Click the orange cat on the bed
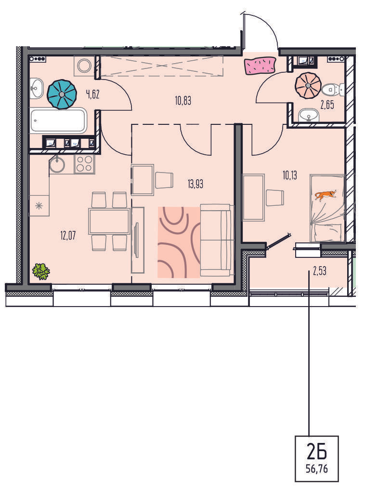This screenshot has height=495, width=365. point(325,195)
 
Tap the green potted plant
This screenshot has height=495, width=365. point(41,271)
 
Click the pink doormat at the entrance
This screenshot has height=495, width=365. point(260,66)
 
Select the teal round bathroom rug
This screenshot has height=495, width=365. point(62,94)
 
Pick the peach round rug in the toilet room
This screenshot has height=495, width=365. point(308,85)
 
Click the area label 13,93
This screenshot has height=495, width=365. point(196,184)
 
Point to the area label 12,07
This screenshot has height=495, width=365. point(68,236)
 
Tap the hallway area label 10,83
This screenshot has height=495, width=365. point(183,101)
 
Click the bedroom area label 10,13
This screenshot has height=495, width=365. point(289,175)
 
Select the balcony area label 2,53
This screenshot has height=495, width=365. point(320,271)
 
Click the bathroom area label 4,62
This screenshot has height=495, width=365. point(92,94)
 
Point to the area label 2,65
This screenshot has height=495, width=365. point(327,105)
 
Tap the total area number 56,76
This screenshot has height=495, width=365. point(317,469)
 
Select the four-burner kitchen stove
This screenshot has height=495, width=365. point(84,164)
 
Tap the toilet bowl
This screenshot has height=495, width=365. point(333,90)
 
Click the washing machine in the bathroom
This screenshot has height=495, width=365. point(85,66)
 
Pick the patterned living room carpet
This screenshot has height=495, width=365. point(179,242)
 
